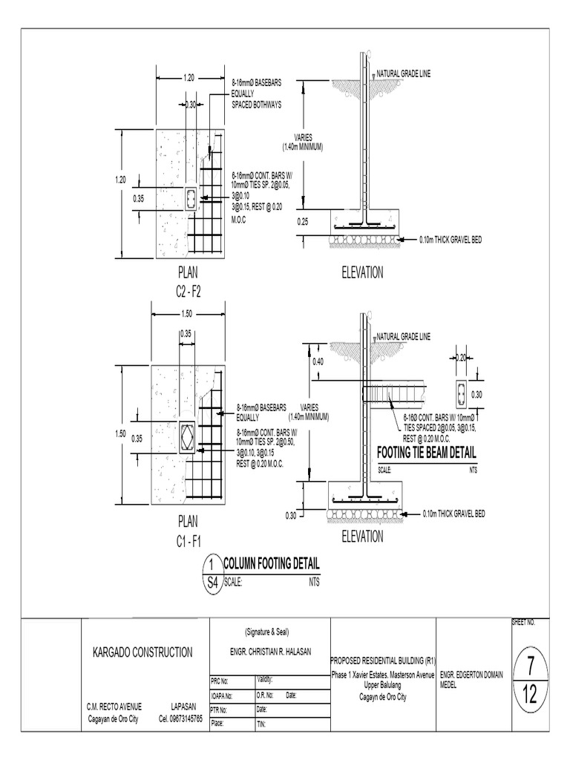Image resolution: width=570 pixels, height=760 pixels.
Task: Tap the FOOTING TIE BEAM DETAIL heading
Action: [x=427, y=453]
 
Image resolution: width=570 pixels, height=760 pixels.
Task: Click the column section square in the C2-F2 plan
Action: [x=191, y=199]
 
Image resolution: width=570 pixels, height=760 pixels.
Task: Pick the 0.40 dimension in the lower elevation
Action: [x=318, y=361]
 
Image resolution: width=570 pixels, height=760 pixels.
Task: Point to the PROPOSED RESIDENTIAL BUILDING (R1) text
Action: [x=381, y=660]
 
